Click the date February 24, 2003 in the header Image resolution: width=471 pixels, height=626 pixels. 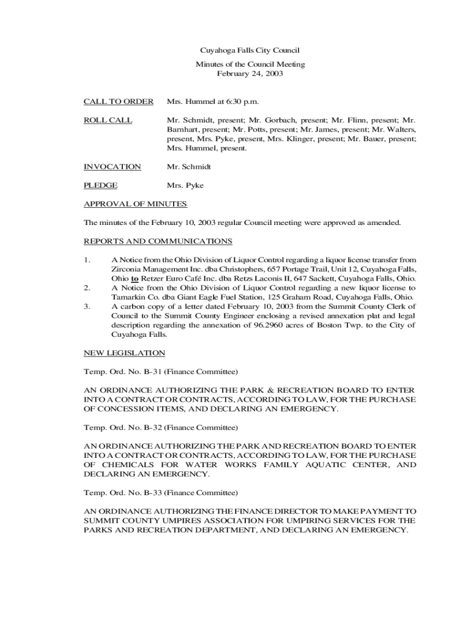coord(250,73)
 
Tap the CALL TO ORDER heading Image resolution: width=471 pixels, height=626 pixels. coord(118,101)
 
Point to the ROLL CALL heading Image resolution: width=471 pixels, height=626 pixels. coord(108,120)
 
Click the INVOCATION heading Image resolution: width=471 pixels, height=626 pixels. coord(112,166)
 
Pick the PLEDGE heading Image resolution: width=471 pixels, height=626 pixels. coord(101,185)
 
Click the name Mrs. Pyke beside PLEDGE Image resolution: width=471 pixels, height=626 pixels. coord(185,185)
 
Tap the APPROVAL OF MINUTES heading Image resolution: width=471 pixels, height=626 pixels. coord(135,204)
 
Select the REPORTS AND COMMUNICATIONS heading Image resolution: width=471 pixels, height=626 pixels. coord(158,241)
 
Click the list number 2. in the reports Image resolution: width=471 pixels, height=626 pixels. coord(87,287)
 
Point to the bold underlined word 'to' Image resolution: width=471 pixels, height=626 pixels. coord(134,278)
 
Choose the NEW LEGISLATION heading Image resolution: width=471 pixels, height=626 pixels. coord(124,353)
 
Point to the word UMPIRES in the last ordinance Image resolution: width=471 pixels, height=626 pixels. coord(172,520)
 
